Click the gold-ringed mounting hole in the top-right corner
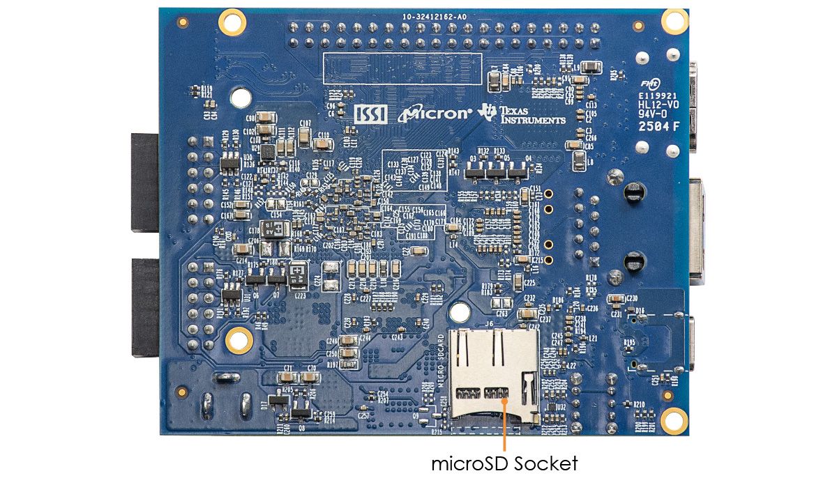pos(674,21)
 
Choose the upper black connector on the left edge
pos(145,181)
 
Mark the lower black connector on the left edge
pos(145,307)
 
